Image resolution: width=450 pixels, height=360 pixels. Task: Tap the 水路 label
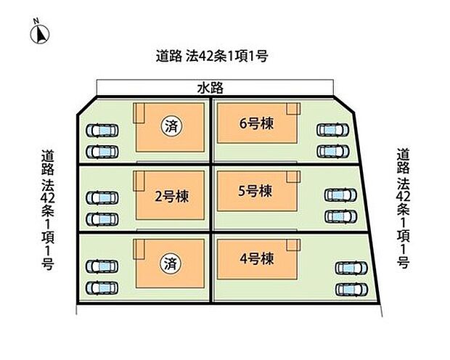click(210, 88)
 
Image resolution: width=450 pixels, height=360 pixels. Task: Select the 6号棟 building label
click(256, 123)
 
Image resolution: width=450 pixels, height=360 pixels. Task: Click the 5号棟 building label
click(255, 191)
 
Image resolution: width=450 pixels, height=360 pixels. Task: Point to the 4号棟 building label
click(256, 259)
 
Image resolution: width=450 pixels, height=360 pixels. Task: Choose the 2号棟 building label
click(171, 197)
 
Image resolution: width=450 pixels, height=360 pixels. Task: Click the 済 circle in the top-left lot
click(171, 126)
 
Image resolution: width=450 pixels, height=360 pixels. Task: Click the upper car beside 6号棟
click(332, 130)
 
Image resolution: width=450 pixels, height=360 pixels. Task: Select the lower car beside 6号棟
click(333, 151)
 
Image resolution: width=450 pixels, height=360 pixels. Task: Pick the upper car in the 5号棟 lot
click(340, 195)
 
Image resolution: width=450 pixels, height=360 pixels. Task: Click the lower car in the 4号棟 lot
click(351, 290)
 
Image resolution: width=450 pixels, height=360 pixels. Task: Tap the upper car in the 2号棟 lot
click(102, 198)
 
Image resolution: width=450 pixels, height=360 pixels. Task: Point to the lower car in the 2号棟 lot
click(102, 219)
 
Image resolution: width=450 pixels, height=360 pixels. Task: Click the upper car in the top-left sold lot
click(102, 131)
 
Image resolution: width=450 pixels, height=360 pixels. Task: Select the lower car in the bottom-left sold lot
click(102, 288)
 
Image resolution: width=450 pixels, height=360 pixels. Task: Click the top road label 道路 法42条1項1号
click(212, 56)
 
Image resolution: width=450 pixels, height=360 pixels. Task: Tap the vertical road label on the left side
click(47, 210)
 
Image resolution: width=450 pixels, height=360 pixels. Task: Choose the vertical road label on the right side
click(403, 208)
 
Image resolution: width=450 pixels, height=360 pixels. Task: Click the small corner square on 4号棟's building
click(293, 245)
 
